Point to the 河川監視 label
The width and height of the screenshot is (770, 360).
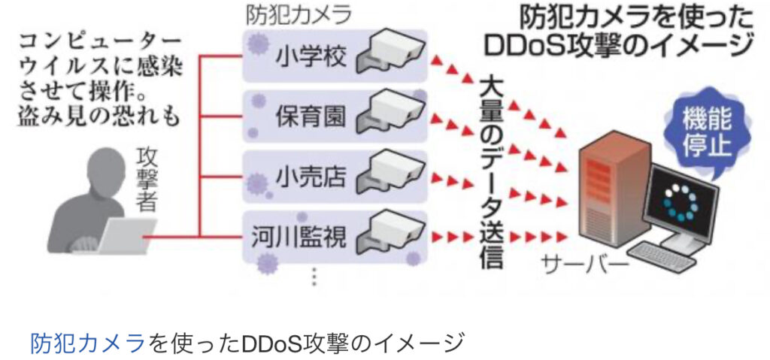click(x=300, y=238)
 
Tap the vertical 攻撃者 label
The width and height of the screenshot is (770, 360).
click(x=148, y=178)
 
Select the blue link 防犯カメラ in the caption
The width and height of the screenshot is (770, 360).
click(x=87, y=343)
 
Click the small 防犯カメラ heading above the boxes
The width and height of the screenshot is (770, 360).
click(x=299, y=15)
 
